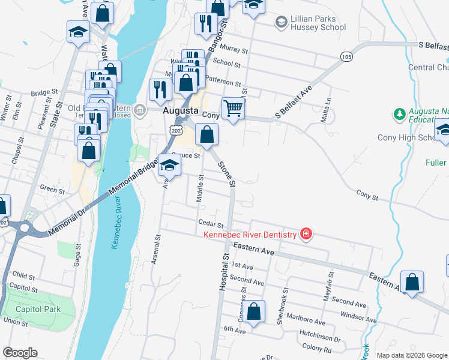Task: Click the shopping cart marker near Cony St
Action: (x=233, y=109)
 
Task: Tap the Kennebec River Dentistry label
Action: (x=250, y=234)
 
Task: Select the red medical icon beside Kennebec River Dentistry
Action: (x=306, y=233)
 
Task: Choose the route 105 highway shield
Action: (x=346, y=56)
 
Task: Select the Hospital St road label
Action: (x=223, y=271)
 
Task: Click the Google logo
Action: (x=20, y=353)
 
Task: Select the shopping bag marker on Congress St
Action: (x=254, y=311)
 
